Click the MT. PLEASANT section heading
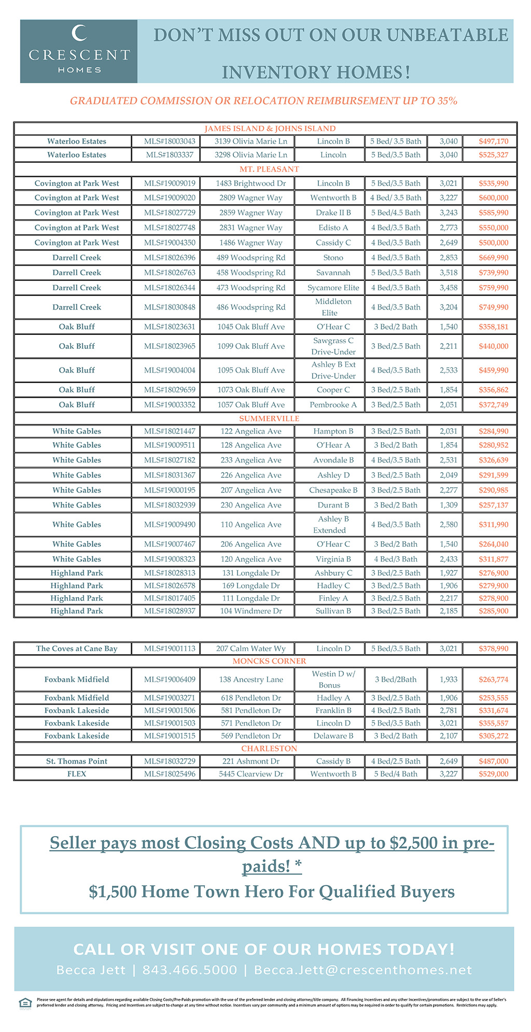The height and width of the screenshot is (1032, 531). [269, 169]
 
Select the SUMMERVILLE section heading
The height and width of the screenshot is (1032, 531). [269, 418]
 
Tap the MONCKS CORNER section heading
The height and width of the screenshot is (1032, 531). [269, 661]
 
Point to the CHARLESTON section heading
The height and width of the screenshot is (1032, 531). [269, 748]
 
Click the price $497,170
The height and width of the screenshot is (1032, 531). [493, 141]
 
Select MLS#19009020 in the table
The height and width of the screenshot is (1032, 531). [170, 197]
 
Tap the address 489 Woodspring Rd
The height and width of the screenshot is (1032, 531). [251, 258]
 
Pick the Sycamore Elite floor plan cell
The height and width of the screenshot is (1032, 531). [333, 288]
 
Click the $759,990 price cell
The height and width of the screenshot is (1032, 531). [493, 288]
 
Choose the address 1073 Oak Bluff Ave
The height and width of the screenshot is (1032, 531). [251, 390]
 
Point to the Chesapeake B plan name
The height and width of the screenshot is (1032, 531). [333, 490]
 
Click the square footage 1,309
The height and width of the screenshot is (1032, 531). [449, 505]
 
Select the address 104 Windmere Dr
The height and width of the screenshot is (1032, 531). [251, 611]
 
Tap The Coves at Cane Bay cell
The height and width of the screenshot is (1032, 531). [77, 648]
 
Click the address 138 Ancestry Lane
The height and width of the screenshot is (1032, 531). [251, 680]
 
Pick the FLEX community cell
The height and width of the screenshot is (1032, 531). [77, 774]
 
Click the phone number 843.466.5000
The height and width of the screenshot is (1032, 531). [189, 970]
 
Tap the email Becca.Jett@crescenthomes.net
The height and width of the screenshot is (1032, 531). [363, 970]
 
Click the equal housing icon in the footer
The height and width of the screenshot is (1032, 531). [25, 1002]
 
